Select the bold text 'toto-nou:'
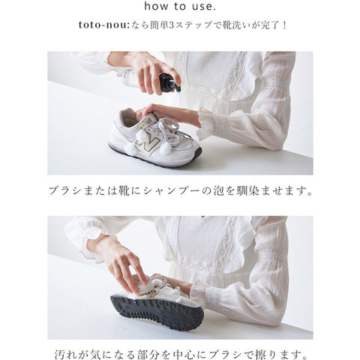[x=103, y=25]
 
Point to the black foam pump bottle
[x=169, y=82]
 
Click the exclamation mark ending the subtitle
[x=284, y=25]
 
